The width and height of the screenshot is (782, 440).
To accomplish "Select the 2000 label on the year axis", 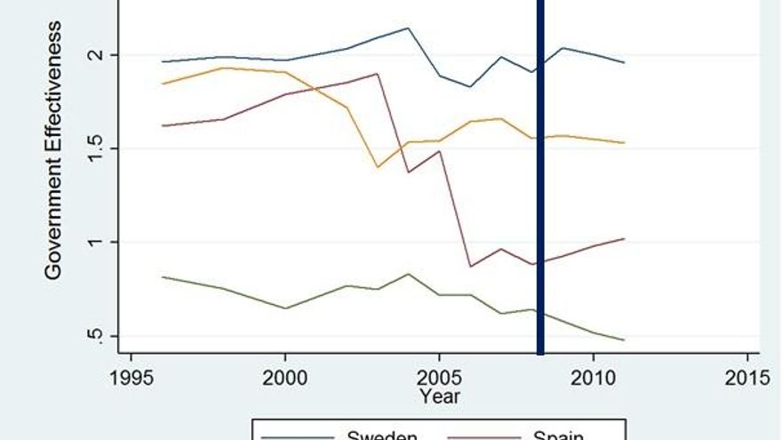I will [x=285, y=376].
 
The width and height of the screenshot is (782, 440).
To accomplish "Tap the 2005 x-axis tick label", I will [x=440, y=376].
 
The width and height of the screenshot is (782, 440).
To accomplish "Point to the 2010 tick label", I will [x=594, y=376].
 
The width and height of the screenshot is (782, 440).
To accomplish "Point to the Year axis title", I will [x=440, y=396].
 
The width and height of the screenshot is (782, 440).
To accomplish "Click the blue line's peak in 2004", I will [x=408, y=28].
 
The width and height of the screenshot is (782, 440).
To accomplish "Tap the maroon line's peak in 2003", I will [x=378, y=74].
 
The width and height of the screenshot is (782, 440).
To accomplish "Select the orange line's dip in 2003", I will [x=378, y=167].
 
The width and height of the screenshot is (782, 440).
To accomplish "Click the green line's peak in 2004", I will [x=408, y=274].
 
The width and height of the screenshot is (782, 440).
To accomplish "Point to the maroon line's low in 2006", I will [x=470, y=266].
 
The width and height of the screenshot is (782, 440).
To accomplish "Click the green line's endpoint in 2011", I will [x=624, y=340].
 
